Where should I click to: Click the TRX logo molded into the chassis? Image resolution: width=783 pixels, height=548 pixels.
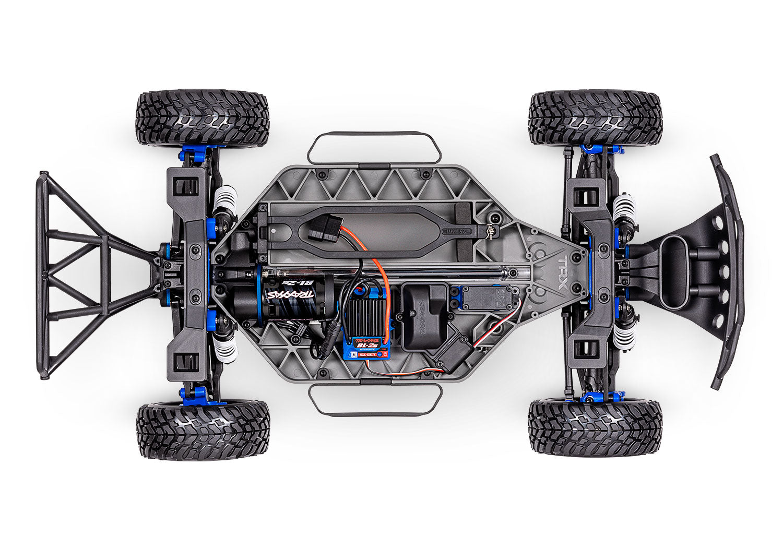coord(563,267)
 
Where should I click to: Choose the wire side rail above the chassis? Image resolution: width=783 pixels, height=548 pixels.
coord(374,148)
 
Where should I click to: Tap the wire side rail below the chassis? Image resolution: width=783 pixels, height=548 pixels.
coord(375,400)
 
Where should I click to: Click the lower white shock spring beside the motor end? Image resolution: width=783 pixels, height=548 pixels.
coord(225,347)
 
